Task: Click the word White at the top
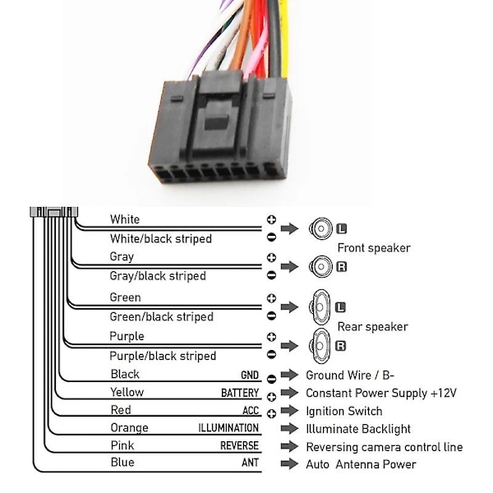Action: pos(125,219)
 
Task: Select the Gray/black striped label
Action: pos(158,276)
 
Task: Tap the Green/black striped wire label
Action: pos(161,316)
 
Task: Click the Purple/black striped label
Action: pos(163,356)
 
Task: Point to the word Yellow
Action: pos(127,393)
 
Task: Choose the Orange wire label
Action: pos(129,427)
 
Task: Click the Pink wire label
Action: pos(122,445)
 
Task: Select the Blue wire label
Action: pos(122,463)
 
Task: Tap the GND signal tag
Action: pos(250,376)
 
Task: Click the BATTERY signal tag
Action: pos(240,394)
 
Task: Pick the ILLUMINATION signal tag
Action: pos(228,428)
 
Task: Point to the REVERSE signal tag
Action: pos(239,446)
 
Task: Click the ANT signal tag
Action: pos(250,463)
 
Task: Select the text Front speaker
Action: pos(374,247)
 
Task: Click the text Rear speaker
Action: pos(372,326)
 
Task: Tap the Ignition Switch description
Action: pos(343,411)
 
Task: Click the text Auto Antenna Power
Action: pos(361,464)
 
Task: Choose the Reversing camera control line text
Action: pos(384,447)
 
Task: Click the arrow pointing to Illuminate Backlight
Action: pos(288,429)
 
